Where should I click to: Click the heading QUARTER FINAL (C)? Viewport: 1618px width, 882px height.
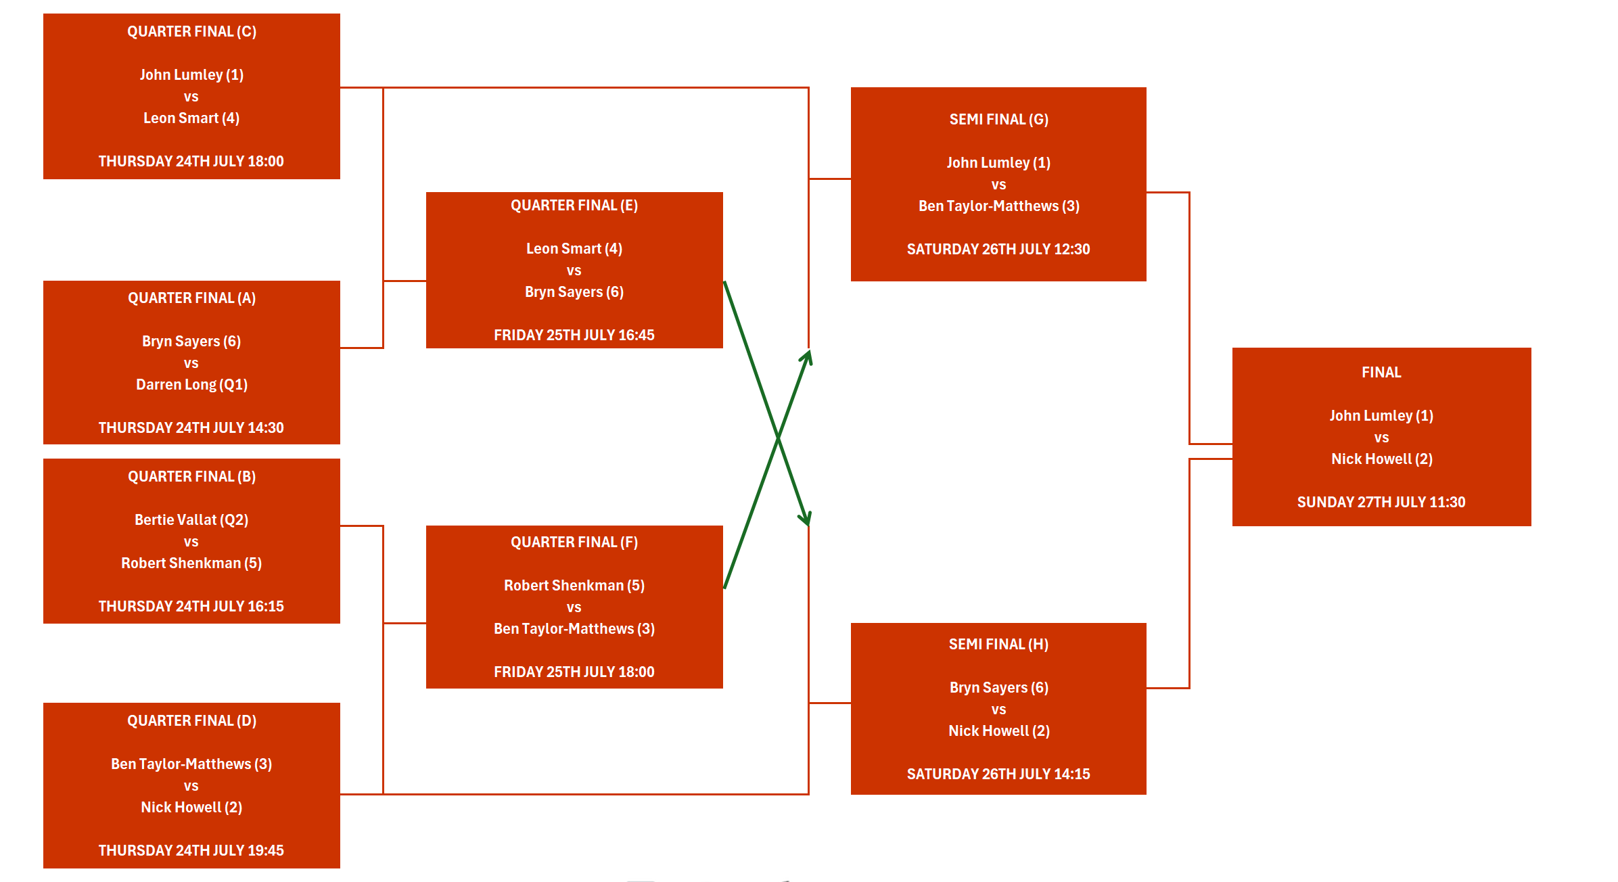[x=191, y=32]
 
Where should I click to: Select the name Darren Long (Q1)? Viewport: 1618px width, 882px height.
[x=191, y=385]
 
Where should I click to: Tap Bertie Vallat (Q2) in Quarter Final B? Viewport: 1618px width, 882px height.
[x=191, y=520]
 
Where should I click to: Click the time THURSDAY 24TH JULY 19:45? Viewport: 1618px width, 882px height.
[x=191, y=850]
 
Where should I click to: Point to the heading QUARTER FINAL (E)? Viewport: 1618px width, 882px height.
[x=574, y=206]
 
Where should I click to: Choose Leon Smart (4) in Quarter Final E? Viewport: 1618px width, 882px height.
[x=574, y=249]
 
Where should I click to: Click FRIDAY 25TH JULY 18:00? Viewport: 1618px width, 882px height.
[x=574, y=672]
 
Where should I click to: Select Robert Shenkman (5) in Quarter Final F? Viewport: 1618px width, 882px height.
[x=574, y=586]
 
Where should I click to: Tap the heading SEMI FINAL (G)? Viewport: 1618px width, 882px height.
[x=998, y=120]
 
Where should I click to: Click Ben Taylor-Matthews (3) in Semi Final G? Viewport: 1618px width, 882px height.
[x=998, y=206]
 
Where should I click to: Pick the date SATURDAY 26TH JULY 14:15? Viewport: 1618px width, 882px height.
[x=998, y=774]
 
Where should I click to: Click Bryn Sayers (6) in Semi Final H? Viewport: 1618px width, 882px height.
[x=998, y=688]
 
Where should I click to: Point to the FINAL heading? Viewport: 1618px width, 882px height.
[x=1381, y=373]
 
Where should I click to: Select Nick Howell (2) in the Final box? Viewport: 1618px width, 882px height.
[x=1381, y=459]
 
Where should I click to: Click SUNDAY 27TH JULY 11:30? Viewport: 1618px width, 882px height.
[x=1381, y=502]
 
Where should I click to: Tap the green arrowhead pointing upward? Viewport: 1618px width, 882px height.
[x=808, y=355]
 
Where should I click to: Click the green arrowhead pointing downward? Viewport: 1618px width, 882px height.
[x=806, y=519]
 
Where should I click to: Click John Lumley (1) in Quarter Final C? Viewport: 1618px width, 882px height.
[x=191, y=75]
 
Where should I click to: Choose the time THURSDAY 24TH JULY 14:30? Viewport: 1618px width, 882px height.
[x=191, y=427]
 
